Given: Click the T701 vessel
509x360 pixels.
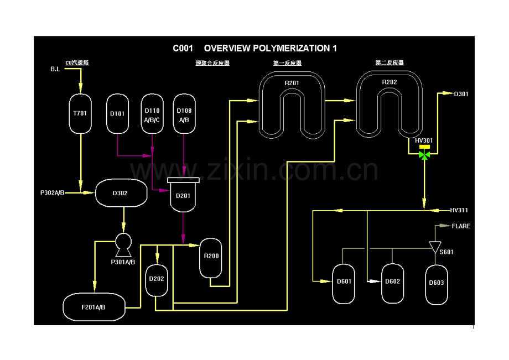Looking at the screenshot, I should (81, 113).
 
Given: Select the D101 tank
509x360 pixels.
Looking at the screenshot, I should (117, 113).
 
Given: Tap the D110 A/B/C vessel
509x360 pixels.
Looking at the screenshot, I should (152, 113).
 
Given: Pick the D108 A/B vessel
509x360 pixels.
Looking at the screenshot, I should (184, 113).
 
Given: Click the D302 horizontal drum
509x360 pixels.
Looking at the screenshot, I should (121, 193).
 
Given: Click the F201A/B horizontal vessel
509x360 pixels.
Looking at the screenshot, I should (94, 307).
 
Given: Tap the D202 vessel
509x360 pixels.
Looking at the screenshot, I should (157, 279).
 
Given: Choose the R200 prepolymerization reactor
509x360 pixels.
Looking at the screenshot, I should (211, 258).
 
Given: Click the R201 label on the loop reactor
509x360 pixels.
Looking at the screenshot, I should (292, 83).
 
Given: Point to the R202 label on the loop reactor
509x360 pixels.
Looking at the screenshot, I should (389, 82).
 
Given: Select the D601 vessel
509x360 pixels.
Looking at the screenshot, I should (344, 284).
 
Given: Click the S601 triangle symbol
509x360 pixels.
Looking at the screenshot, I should (434, 246).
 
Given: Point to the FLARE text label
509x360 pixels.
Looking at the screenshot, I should (461, 226).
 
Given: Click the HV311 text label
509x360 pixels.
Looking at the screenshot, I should (459, 210).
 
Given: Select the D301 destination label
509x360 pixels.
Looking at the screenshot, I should (461, 94).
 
